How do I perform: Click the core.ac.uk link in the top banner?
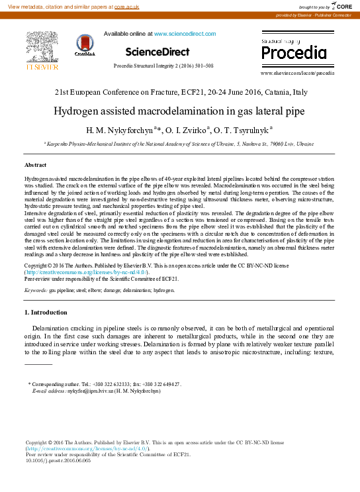(x=126, y=6)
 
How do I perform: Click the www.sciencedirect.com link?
(x=185, y=33)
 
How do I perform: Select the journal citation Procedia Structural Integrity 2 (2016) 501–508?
(x=163, y=66)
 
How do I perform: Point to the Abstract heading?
(x=36, y=164)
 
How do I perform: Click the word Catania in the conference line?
(x=274, y=93)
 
